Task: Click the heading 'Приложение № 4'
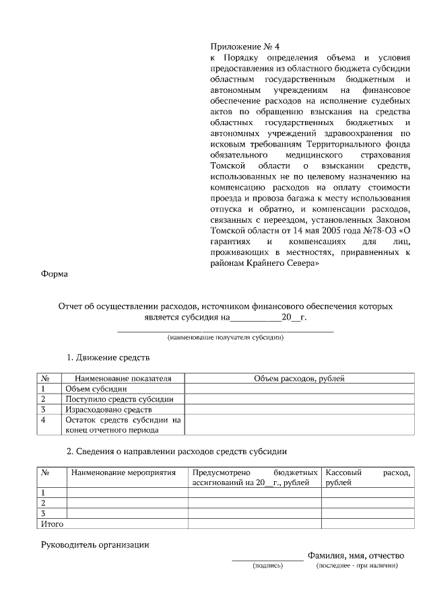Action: click(x=244, y=46)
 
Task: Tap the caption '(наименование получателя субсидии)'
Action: click(x=226, y=337)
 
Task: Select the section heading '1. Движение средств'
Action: click(x=107, y=357)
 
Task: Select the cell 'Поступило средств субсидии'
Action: click(x=119, y=399)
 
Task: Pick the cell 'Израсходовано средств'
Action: click(x=108, y=409)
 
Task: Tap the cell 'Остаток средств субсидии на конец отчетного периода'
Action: click(x=123, y=425)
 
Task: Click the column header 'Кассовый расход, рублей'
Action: click(x=367, y=478)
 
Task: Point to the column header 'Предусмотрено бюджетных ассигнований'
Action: click(x=255, y=478)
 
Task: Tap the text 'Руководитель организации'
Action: click(x=95, y=544)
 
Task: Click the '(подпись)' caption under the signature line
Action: click(x=267, y=566)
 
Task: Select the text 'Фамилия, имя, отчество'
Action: click(x=355, y=556)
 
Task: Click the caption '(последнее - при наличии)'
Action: click(x=357, y=566)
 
